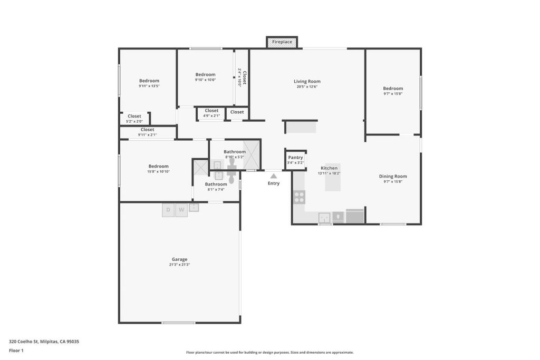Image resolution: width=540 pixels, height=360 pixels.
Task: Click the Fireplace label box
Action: (282, 42)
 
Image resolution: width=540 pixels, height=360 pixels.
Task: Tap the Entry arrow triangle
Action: (274, 176)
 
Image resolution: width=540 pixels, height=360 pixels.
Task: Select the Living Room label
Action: (307, 81)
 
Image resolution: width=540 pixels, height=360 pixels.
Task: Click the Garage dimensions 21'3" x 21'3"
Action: (179, 265)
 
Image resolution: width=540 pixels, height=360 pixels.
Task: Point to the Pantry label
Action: (295, 157)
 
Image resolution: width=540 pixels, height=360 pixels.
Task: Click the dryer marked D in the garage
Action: (168, 210)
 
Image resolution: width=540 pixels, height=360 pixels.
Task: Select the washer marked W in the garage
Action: (181, 210)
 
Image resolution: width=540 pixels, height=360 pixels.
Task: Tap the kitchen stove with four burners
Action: (299, 197)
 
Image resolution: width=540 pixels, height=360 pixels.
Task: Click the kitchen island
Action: (333, 177)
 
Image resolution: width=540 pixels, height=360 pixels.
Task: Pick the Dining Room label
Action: (393, 176)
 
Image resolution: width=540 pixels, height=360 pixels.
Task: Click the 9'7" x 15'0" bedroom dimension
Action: (393, 94)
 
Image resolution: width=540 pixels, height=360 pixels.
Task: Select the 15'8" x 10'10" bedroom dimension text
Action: (158, 171)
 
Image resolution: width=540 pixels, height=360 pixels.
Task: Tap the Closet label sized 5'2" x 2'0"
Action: (134, 116)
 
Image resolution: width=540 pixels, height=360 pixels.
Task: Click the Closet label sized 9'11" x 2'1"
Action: (148, 130)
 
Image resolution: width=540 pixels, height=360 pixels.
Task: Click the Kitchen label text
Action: (329, 168)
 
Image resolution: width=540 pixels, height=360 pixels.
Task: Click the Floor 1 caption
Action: (16, 351)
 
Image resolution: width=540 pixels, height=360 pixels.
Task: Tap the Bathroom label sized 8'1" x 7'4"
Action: (216, 184)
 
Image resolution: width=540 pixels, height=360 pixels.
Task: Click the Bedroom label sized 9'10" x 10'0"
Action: (205, 74)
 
